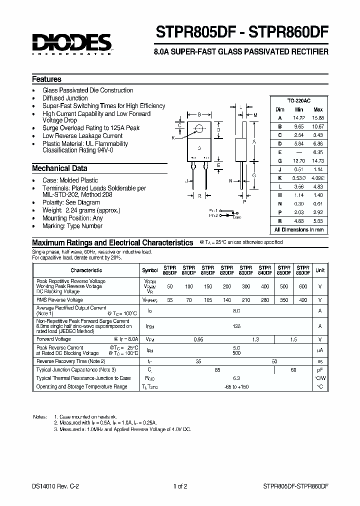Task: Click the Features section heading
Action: pyautogui.click(x=46, y=79)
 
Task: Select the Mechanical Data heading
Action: pyautogui.click(x=59, y=168)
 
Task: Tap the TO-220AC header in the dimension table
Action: pyautogui.click(x=299, y=100)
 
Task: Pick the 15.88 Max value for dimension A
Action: pyautogui.click(x=317, y=118)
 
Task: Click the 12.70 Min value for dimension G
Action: pyautogui.click(x=299, y=161)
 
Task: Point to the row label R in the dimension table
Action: pyautogui.click(x=280, y=220)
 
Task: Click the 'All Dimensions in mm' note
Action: pyautogui.click(x=299, y=230)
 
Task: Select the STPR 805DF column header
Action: pyautogui.click(x=170, y=270)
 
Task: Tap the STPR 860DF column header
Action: pyautogui.click(x=302, y=270)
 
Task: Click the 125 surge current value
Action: pyautogui.click(x=236, y=326)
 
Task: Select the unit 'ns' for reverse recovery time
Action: pyautogui.click(x=319, y=361)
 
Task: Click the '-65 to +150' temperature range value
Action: pyautogui.click(x=236, y=387)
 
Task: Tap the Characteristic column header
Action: pyautogui.click(x=86, y=270)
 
